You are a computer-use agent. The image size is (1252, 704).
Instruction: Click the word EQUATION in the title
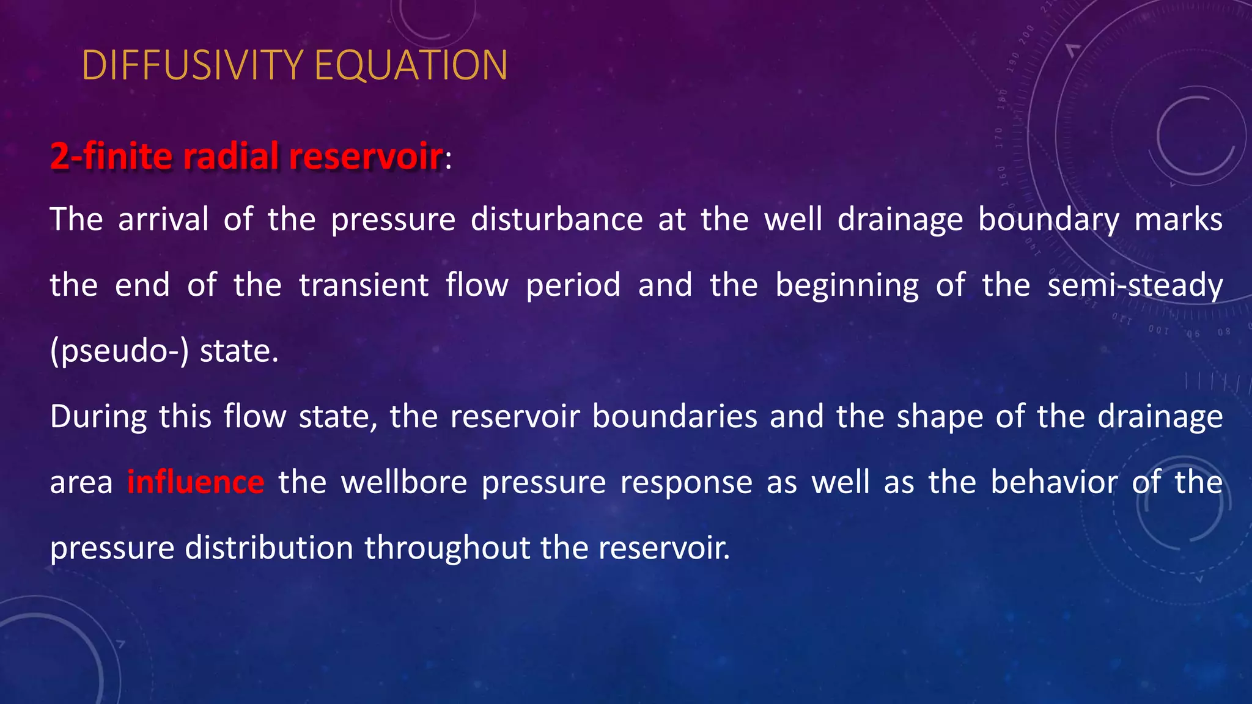point(411,65)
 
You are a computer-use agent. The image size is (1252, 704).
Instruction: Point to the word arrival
point(163,219)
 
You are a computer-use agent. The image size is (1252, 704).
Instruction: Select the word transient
point(364,285)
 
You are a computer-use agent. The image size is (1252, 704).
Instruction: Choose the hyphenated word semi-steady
point(1135,285)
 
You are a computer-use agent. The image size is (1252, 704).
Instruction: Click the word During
point(98,417)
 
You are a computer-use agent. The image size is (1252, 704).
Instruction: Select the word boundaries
point(674,417)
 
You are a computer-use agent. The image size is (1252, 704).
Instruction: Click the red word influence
point(196,482)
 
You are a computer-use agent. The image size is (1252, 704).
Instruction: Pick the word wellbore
point(404,482)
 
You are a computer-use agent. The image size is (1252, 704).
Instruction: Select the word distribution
point(269,548)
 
